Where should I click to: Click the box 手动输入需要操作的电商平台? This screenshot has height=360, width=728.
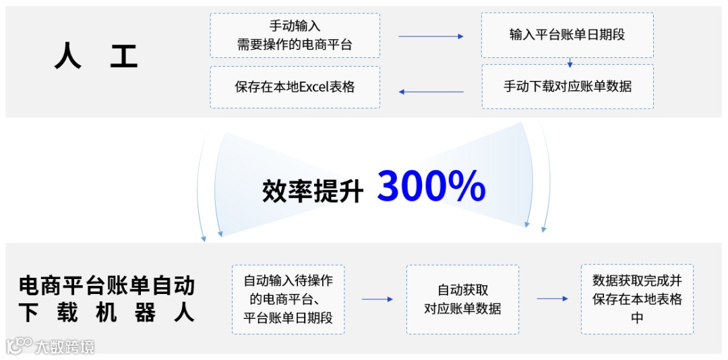pyautogui.click(x=295, y=36)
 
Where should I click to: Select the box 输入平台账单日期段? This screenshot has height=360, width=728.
pyautogui.click(x=567, y=34)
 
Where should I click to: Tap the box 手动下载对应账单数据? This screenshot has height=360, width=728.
pyautogui.click(x=567, y=86)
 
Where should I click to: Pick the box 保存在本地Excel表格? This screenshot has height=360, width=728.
pyautogui.click(x=295, y=87)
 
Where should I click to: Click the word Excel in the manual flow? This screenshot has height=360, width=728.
pyautogui.click(x=313, y=87)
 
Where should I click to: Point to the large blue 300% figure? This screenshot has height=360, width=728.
pyautogui.click(x=431, y=186)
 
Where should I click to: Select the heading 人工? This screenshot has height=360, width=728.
pyautogui.click(x=96, y=57)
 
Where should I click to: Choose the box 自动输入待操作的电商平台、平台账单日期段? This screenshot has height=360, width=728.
pyautogui.click(x=288, y=299)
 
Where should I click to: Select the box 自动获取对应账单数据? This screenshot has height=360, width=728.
pyautogui.click(x=462, y=299)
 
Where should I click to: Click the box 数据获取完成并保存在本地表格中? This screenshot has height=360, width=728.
pyautogui.click(x=637, y=299)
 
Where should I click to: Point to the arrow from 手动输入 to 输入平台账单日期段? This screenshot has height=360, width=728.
pyautogui.click(x=431, y=36)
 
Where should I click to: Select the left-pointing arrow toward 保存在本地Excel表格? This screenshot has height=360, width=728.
pyautogui.click(x=431, y=92)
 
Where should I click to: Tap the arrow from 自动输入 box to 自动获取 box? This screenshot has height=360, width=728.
pyautogui.click(x=377, y=299)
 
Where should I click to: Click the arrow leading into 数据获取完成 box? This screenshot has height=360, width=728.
pyautogui.click(x=552, y=299)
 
